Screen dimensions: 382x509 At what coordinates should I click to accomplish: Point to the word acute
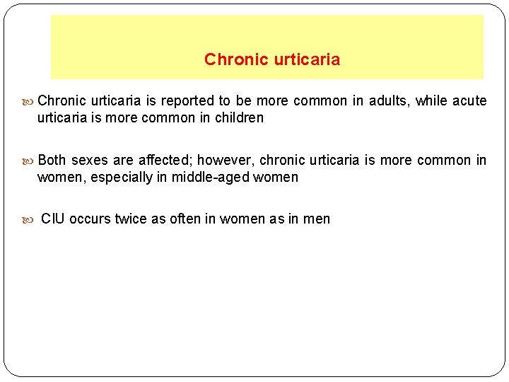(469, 100)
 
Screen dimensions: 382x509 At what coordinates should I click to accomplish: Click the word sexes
(90, 160)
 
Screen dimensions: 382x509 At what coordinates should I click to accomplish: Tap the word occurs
(90, 219)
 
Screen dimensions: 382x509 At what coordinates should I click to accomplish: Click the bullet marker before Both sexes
(30, 161)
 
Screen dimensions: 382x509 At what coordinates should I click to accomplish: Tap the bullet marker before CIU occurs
(30, 219)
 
